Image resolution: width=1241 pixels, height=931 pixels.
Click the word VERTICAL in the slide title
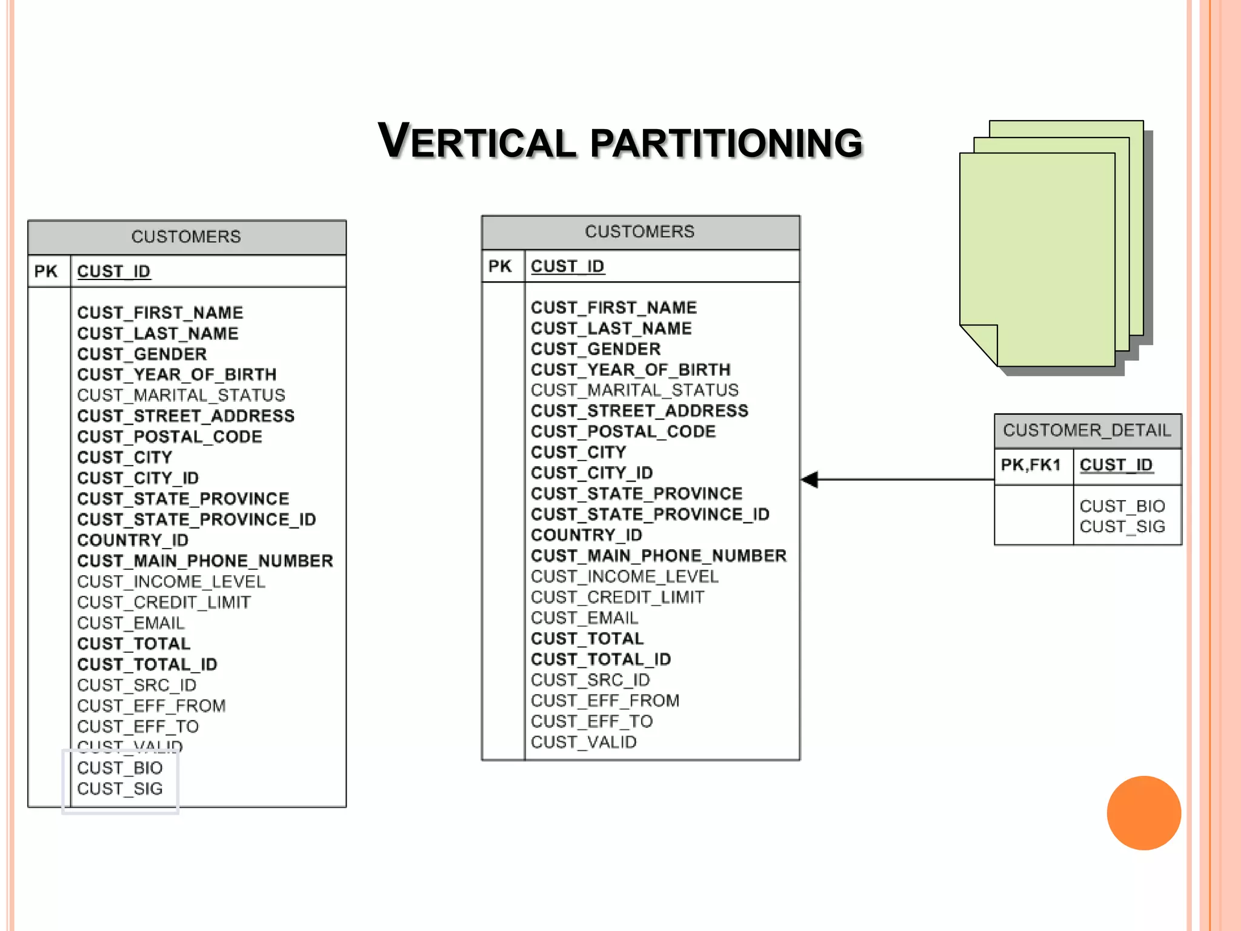coord(477,142)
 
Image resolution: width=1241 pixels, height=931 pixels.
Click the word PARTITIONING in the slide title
coord(726,143)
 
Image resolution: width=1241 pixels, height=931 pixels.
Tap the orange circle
coord(1143,813)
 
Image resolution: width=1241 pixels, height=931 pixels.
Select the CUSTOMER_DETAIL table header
coord(1087,430)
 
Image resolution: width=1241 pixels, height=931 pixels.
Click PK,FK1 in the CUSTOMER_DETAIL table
coord(1031,465)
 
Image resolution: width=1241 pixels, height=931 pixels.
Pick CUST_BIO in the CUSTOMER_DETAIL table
coord(1122,506)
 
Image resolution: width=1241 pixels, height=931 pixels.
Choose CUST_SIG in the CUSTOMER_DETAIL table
coord(1122,527)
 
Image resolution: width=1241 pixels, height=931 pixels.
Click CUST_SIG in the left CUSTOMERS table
coord(120,789)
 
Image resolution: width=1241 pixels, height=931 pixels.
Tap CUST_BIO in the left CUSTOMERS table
coord(120,768)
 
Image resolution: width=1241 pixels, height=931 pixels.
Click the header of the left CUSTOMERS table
coord(186,236)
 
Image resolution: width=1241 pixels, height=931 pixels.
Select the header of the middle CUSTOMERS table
coord(640,232)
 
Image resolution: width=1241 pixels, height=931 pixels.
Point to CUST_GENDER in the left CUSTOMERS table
coord(142,354)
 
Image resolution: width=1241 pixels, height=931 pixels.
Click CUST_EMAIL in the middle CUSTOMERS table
coord(584,618)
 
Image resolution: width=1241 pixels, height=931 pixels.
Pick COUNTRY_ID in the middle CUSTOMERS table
coord(586,535)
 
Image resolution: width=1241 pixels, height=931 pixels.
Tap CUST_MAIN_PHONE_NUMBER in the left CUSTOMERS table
coord(205,561)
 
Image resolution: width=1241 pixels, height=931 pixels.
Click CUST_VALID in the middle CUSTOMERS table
coord(584,742)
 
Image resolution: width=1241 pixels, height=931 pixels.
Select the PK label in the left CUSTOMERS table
coord(46,272)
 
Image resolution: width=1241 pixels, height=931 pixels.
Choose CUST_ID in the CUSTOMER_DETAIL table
coord(1116,465)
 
